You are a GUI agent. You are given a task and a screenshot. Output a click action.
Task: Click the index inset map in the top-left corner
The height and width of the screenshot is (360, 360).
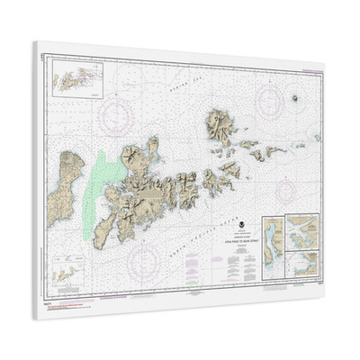[76, 78]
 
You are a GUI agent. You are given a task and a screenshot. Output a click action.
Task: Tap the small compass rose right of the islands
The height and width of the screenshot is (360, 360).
[285, 189]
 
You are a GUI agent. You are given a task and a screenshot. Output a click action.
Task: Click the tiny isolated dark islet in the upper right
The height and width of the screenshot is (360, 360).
[295, 96]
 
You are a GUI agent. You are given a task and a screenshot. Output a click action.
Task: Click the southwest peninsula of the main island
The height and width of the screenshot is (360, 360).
[103, 229]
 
